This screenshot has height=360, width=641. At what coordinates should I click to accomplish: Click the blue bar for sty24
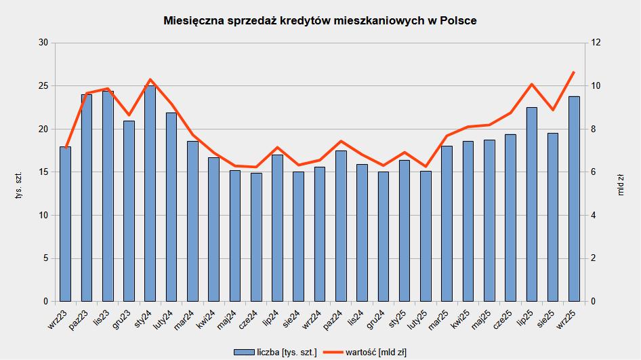(150, 193)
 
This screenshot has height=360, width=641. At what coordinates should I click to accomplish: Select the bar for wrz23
(66, 224)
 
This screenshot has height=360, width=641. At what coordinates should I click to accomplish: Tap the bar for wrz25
(574, 199)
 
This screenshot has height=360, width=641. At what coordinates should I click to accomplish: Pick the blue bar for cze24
(256, 237)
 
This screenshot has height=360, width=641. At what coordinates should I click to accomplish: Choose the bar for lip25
(532, 205)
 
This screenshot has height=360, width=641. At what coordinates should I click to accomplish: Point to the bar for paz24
(341, 226)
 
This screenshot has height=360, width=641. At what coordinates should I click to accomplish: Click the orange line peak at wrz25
(574, 72)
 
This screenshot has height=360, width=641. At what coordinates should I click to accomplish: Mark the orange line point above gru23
(129, 115)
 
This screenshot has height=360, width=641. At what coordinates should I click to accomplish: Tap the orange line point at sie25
(553, 110)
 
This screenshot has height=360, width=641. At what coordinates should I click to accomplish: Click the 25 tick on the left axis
(43, 86)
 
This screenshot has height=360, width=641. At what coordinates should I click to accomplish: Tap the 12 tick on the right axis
(596, 43)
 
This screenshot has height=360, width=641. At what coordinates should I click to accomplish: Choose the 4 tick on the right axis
(594, 215)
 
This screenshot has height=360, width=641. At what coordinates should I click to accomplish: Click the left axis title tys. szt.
(19, 185)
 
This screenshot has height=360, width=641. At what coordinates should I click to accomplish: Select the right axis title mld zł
(621, 185)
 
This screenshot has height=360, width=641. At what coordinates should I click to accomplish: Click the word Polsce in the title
(458, 21)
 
